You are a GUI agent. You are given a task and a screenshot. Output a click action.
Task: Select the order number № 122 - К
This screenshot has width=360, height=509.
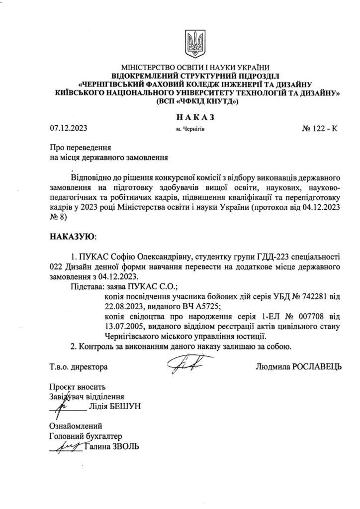[319, 128]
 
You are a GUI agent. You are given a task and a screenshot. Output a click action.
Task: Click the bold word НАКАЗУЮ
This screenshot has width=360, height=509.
[72, 235]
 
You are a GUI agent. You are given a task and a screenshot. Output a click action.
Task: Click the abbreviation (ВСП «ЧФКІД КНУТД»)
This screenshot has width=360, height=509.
[197, 101]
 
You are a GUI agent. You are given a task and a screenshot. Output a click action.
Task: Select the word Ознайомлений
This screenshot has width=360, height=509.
[76, 426]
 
